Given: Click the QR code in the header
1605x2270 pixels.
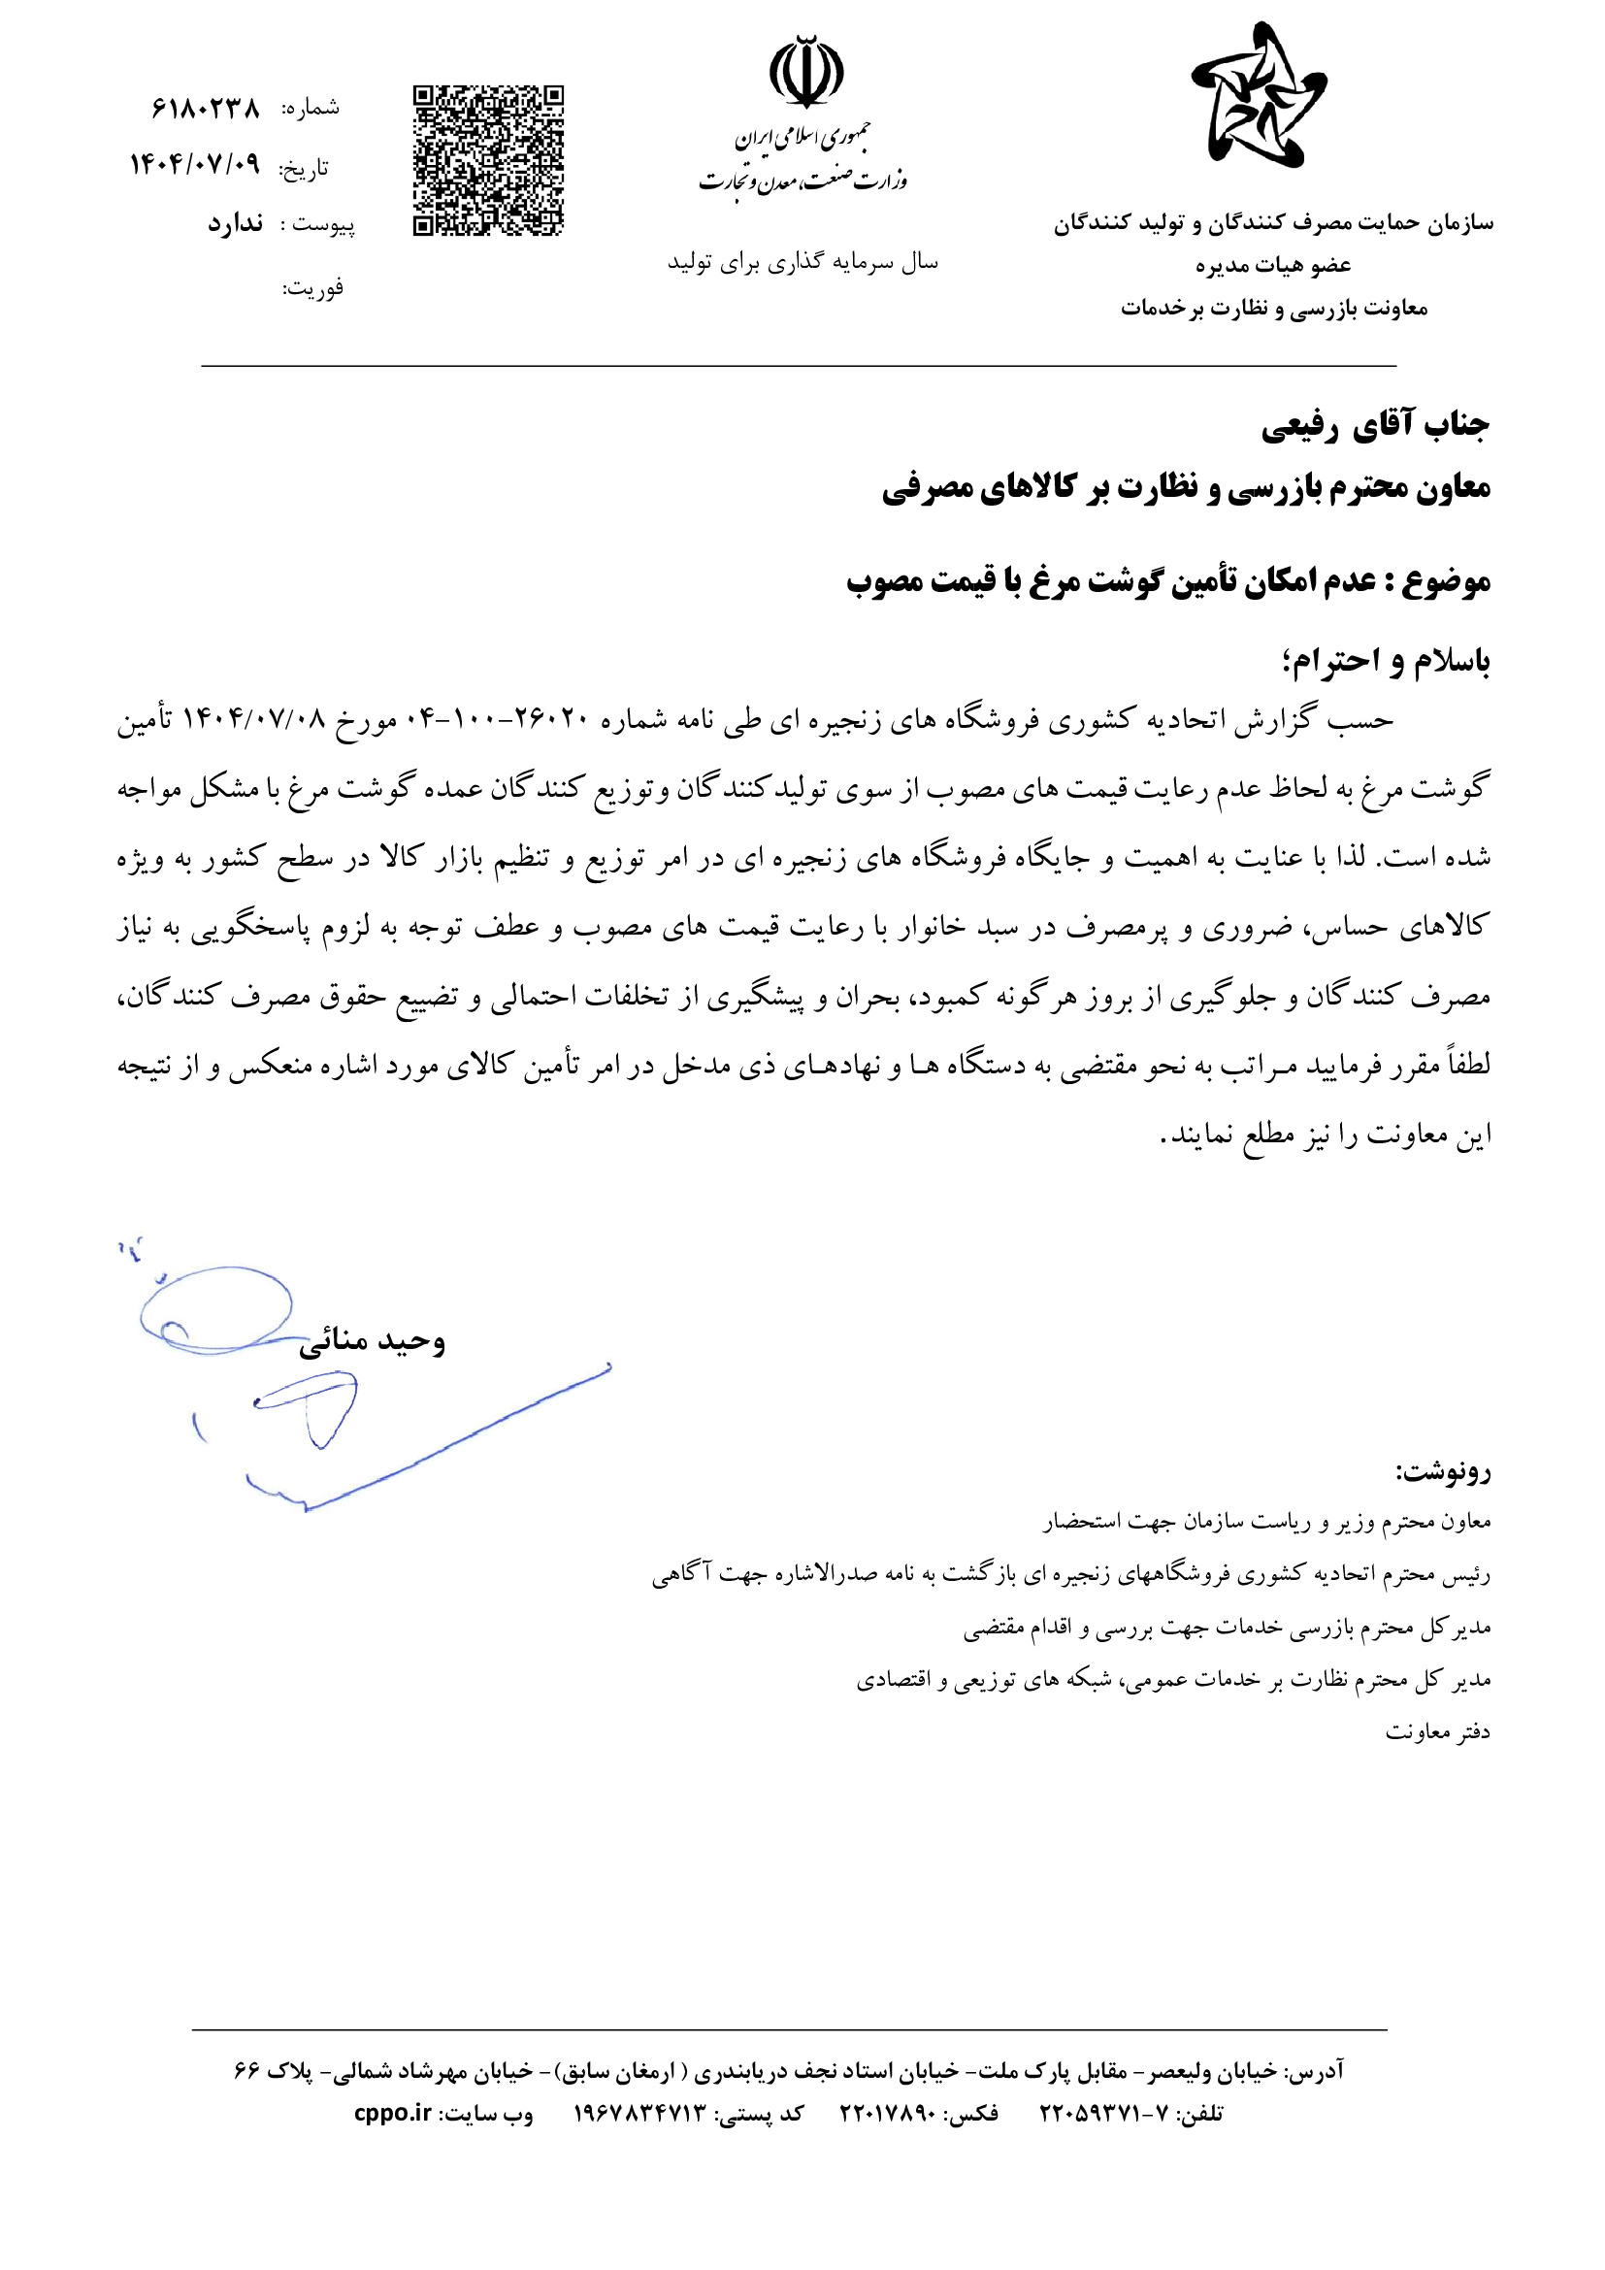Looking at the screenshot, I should (x=488, y=161).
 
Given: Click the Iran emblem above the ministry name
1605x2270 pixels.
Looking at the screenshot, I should (x=806, y=71).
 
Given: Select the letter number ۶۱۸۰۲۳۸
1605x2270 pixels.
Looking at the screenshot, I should (x=206, y=108).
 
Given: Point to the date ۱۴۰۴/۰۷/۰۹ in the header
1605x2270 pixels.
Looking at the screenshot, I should (x=195, y=164).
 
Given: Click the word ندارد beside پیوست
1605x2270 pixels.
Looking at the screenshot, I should (x=235, y=224).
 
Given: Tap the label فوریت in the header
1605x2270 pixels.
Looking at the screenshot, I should (x=313, y=287).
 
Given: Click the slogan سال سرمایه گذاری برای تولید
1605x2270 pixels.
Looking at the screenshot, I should (x=802, y=262).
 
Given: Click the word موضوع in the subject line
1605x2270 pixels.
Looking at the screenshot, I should (x=1449, y=581).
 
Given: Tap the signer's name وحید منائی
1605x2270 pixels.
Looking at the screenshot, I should (x=373, y=1340).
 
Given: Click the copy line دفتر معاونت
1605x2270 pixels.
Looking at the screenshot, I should (x=1437, y=1731).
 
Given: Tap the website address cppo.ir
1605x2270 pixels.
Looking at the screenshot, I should (x=393, y=2113).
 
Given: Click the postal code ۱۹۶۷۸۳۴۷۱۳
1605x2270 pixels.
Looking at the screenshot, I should (x=640, y=2113).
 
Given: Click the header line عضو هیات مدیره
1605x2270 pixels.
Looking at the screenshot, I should (x=1273, y=265).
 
